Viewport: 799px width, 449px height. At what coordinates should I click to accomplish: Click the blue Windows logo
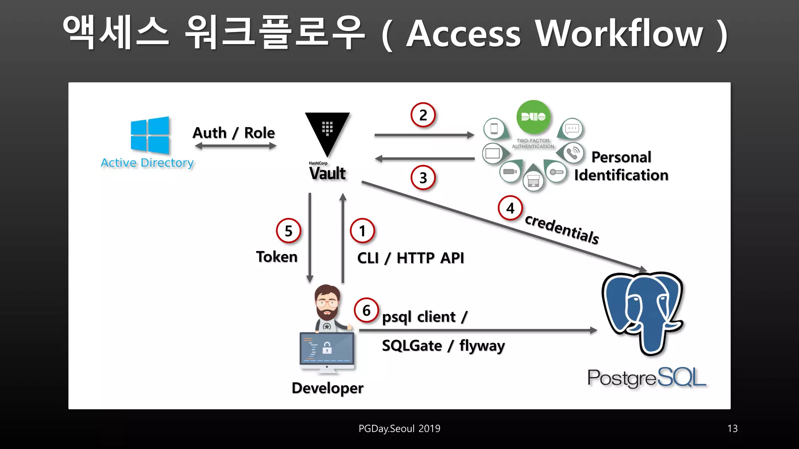150,135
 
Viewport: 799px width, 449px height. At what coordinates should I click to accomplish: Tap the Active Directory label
147,163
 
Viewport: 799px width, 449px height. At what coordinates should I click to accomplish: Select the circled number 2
423,115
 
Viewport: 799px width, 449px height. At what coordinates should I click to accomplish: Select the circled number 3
423,178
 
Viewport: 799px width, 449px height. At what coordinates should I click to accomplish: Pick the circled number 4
510,209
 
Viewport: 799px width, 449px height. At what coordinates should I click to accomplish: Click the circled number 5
288,231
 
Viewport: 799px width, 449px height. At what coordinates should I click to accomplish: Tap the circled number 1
362,231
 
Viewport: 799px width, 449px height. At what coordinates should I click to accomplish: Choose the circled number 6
366,310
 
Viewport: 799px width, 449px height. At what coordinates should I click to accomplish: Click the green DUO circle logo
533,117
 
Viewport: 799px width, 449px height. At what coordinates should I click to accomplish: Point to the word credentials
562,229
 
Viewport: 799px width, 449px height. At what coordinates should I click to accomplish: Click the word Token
277,257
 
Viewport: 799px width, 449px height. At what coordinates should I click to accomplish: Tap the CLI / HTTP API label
410,258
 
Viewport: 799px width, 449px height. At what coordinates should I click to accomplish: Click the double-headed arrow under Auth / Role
235,146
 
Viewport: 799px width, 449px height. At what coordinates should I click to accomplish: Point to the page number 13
732,428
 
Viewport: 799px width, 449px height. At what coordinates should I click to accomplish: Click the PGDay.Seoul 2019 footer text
399,428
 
